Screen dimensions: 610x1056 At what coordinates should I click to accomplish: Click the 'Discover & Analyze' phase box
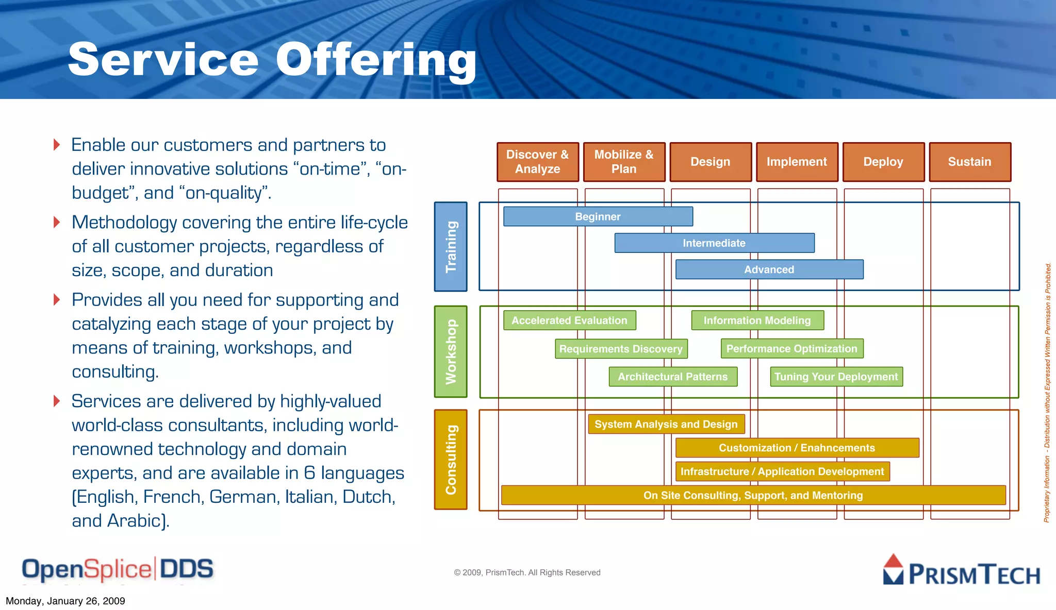tap(538, 162)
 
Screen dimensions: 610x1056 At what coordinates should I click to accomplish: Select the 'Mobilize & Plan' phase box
tap(624, 162)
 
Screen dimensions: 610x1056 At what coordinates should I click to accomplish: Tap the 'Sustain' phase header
tap(970, 162)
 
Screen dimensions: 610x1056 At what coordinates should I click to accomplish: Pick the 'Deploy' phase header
tap(883, 162)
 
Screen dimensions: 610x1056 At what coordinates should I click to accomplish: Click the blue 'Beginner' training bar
tap(598, 216)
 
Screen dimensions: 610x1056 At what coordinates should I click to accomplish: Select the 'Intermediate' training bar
tap(714, 243)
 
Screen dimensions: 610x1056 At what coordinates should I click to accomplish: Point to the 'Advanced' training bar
tap(769, 269)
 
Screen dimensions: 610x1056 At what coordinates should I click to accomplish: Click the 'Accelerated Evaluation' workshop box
tap(570, 320)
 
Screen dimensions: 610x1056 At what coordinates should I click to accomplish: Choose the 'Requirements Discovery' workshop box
tap(621, 349)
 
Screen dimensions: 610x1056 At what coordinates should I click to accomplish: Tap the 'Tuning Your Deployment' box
tap(836, 377)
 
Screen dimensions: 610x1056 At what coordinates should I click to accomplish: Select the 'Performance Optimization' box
tap(792, 349)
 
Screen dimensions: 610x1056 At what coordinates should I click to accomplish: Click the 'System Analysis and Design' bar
tap(666, 424)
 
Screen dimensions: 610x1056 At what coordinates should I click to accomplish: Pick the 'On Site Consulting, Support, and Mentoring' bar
tap(753, 495)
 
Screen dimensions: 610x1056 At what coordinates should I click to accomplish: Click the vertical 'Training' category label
tap(451, 247)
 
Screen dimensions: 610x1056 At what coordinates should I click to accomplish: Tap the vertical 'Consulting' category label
tap(451, 460)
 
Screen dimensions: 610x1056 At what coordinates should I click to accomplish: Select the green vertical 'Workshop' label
tap(451, 352)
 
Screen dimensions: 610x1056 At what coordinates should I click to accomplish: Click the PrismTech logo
tap(962, 570)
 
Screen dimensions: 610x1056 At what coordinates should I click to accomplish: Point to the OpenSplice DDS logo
tap(118, 569)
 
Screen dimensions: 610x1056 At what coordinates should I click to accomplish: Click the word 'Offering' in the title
tap(376, 60)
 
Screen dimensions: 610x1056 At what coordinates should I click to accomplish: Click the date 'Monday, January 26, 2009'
tap(65, 601)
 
